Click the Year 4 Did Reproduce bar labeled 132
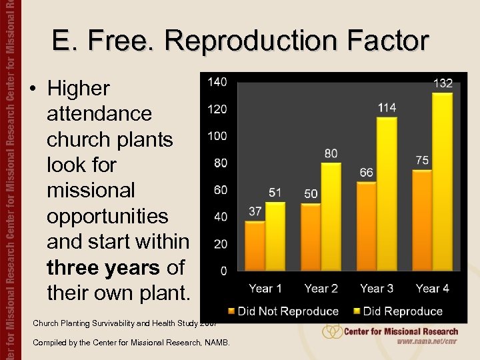(442, 181)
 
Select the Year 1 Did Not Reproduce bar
(255, 245)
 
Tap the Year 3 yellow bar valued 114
(387, 193)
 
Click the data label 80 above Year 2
(331, 153)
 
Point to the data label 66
(366, 173)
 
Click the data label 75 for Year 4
(422, 161)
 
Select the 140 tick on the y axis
(217, 82)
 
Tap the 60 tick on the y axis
(220, 190)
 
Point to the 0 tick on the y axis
(223, 271)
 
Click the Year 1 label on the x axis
(265, 289)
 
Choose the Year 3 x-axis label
(377, 289)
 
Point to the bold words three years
(104, 267)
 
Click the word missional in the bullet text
(90, 191)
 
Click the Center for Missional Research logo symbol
(332, 331)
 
